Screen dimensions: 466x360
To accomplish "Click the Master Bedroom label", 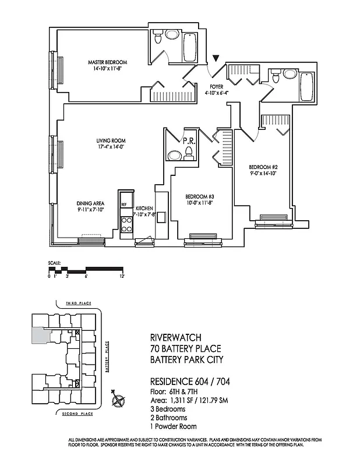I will tap(107, 62).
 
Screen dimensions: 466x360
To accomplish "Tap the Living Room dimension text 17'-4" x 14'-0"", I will tap(111, 147).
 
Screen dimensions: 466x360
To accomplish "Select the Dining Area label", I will tap(90, 203).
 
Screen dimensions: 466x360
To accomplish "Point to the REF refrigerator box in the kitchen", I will tap(123, 205).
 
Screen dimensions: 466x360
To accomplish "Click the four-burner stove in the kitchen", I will tap(125, 224).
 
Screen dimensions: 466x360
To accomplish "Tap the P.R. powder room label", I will tap(188, 140).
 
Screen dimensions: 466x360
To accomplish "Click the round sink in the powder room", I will tap(174, 156).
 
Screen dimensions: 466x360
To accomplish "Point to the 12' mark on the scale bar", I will tap(123, 276).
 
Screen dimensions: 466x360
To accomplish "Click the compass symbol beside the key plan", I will tap(120, 400).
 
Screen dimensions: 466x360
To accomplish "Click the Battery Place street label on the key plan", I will tap(107, 358).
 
